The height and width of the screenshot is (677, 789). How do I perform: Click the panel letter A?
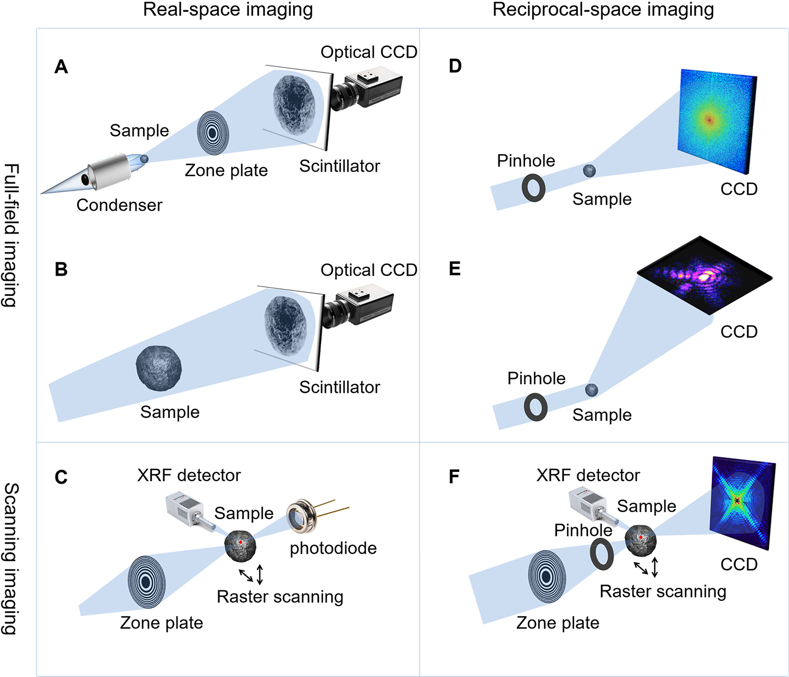[x=61, y=67]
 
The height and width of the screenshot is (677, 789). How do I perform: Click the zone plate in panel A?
[x=212, y=133]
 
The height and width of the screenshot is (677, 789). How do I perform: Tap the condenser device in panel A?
[x=109, y=172]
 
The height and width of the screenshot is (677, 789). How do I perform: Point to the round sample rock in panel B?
[x=158, y=368]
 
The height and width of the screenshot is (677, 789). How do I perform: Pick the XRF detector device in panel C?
[x=186, y=509]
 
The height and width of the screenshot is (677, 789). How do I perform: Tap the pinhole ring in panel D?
[x=533, y=188]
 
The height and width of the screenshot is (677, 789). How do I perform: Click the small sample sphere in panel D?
[x=589, y=170]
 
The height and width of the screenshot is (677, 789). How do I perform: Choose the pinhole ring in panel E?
[x=535, y=407]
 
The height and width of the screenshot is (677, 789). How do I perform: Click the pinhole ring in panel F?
[x=602, y=554]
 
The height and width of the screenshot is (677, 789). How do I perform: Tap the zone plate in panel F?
[x=547, y=576]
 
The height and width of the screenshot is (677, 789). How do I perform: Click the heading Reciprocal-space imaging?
[x=603, y=10]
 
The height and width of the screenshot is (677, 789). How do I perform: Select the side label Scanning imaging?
[x=11, y=558]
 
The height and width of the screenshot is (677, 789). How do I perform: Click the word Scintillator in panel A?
[x=340, y=166]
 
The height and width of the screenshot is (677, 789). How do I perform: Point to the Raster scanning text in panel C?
[x=280, y=597]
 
